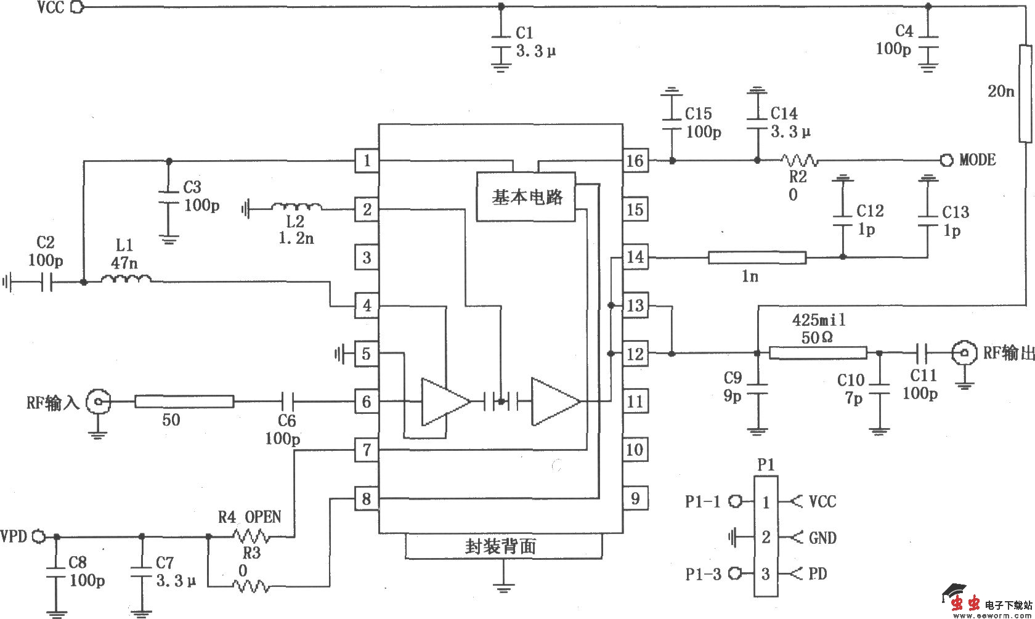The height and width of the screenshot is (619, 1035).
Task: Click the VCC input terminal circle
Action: tap(77, 7)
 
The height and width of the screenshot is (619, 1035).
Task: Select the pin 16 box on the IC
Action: tap(635, 161)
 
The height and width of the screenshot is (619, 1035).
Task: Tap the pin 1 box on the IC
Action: tap(367, 161)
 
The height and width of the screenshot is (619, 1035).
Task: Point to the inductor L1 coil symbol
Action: tap(126, 280)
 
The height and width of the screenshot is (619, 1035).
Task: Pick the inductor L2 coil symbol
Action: tap(296, 208)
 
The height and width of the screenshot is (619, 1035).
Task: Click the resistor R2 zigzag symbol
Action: tap(799, 161)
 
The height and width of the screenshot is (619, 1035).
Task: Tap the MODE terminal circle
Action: tap(946, 160)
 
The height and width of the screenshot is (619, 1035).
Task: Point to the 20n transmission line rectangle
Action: tap(1025, 92)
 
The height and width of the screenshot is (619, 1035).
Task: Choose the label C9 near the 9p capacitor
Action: tap(733, 378)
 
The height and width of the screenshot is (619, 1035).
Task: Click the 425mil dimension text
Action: tap(818, 320)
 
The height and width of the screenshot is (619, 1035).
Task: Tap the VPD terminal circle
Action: tap(38, 536)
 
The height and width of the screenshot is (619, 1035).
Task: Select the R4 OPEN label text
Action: tap(250, 516)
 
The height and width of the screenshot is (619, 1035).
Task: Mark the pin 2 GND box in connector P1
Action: tap(766, 537)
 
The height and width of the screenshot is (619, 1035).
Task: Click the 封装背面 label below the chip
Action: tap(500, 546)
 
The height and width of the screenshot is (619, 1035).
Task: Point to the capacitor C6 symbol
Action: tap(288, 402)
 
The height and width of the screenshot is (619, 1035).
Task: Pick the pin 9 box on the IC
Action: tap(635, 498)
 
